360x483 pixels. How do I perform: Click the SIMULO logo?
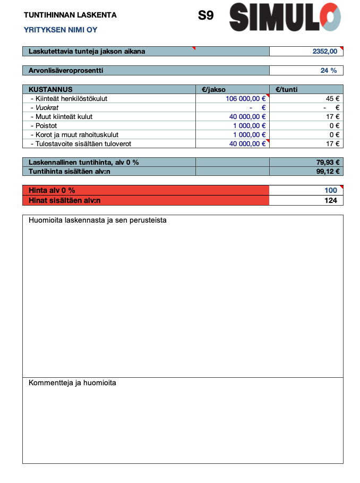click(x=285, y=17)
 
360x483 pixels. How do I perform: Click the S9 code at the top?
click(x=206, y=16)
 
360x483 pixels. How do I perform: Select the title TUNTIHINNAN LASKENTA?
click(x=70, y=15)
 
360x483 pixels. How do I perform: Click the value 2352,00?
click(x=325, y=52)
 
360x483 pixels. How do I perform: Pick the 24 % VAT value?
click(x=328, y=71)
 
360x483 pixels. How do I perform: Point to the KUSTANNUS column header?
click(x=50, y=90)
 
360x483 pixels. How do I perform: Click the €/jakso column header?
click(x=214, y=90)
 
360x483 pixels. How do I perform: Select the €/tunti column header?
click(x=287, y=90)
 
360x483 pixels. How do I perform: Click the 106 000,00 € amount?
click(x=245, y=99)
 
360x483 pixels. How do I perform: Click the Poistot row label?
click(x=46, y=126)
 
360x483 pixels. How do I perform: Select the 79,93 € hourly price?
click(x=328, y=162)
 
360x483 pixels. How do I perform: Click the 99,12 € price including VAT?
click(x=328, y=171)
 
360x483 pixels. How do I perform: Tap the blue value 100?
click(x=331, y=190)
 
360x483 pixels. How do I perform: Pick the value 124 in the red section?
click(x=331, y=200)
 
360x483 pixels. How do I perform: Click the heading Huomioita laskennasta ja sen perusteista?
click(x=97, y=220)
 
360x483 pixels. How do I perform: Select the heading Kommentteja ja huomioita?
click(x=72, y=383)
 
